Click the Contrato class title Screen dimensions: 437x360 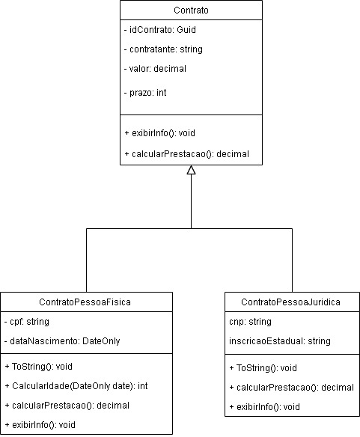pos(191,11)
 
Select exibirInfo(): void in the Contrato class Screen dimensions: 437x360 pos(159,132)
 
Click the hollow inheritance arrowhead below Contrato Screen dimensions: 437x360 pos(191,171)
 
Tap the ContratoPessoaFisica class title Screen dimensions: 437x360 pos(86,302)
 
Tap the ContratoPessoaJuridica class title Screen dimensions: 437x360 pos(291,302)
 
